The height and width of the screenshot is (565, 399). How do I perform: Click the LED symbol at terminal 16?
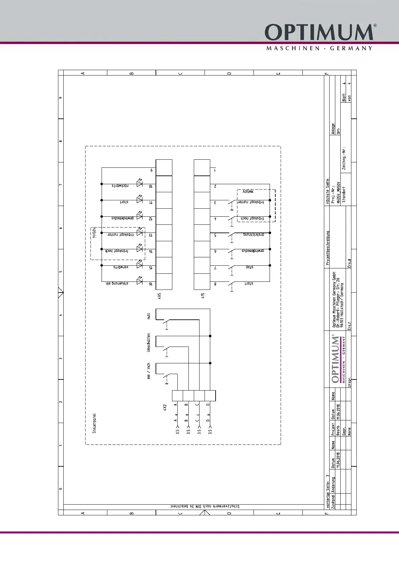click(x=139, y=281)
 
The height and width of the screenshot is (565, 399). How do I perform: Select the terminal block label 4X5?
click(x=160, y=296)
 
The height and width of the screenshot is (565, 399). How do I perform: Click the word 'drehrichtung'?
click(x=254, y=235)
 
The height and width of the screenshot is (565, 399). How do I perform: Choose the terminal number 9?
click(x=152, y=170)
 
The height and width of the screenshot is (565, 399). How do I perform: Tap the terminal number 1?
click(x=215, y=170)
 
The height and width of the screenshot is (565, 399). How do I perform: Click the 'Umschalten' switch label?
click(x=149, y=343)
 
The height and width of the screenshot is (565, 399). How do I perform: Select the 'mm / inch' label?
click(x=149, y=371)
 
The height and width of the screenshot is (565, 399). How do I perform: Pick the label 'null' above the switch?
click(x=149, y=316)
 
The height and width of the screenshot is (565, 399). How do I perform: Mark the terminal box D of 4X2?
click(x=210, y=396)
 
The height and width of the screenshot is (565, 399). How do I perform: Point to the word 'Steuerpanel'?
click(x=94, y=423)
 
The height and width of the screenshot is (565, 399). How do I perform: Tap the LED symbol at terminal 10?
click(x=139, y=184)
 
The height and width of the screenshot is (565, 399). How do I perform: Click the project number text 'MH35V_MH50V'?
click(x=339, y=193)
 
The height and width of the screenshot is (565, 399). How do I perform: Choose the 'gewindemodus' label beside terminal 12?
click(x=123, y=218)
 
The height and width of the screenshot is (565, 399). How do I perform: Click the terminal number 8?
click(x=215, y=284)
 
